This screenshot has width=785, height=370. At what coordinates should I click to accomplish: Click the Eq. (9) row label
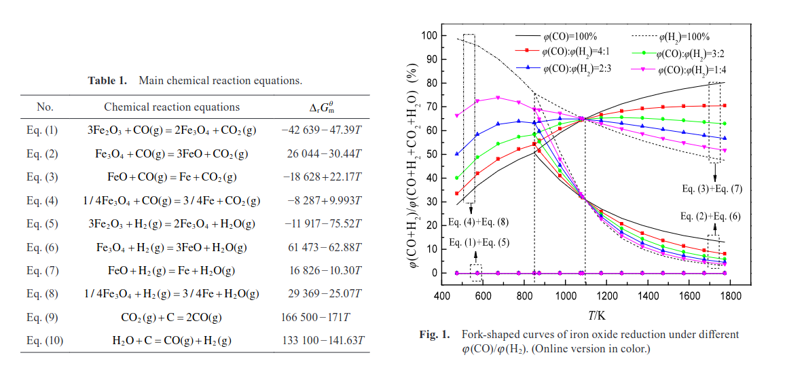click(x=45, y=317)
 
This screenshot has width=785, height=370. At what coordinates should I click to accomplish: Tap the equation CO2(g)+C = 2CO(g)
click(x=171, y=317)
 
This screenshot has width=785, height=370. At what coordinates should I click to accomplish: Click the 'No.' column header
click(x=45, y=107)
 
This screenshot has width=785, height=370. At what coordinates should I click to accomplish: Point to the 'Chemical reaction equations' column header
click(x=171, y=107)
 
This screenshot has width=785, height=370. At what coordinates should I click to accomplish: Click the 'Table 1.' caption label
click(x=107, y=81)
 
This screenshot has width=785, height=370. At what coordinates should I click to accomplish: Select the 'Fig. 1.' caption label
click(x=435, y=335)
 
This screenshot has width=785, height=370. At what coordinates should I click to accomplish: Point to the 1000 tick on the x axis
click(x=565, y=296)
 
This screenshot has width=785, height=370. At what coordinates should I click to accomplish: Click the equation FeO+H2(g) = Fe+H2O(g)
click(x=171, y=270)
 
